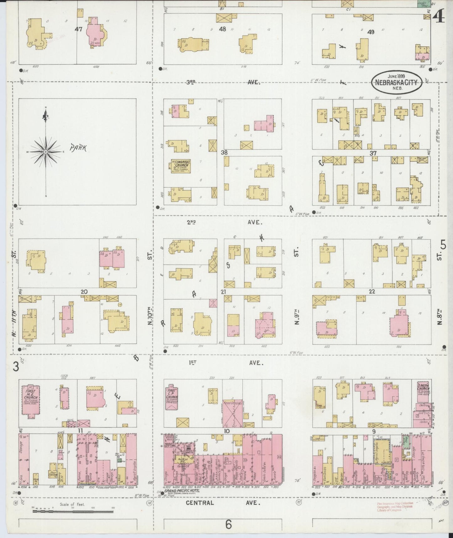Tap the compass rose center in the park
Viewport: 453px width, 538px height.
pos(46,152)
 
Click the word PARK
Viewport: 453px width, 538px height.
pos(78,148)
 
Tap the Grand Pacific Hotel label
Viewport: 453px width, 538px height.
pos(182,499)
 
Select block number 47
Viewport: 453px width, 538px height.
pos(78,29)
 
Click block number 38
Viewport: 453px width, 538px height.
pos(224,153)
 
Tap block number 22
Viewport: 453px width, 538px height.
pos(372,292)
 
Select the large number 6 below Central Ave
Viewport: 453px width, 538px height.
pos(228,524)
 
